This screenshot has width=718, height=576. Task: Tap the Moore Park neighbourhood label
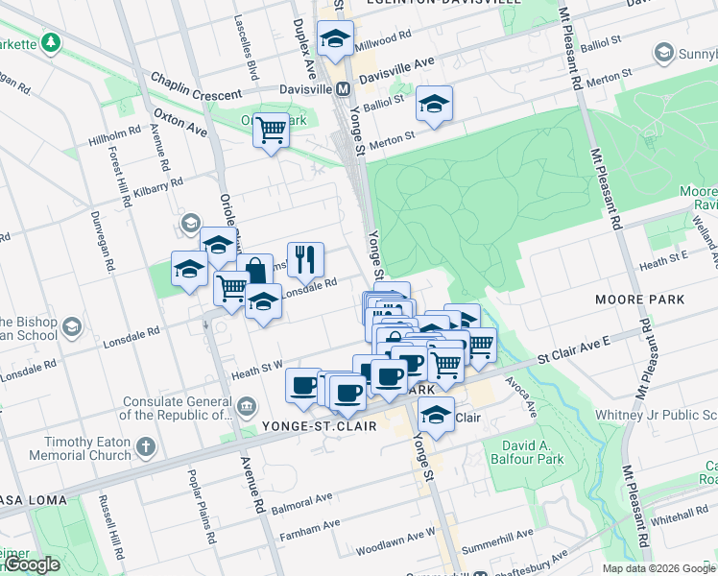click(639, 300)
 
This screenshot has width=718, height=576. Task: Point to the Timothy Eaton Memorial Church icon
click(144, 446)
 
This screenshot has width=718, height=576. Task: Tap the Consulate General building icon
click(247, 404)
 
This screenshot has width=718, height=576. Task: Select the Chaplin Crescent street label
click(196, 95)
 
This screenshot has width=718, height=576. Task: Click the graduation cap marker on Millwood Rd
click(335, 40)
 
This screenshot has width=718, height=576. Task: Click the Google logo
click(32, 564)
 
